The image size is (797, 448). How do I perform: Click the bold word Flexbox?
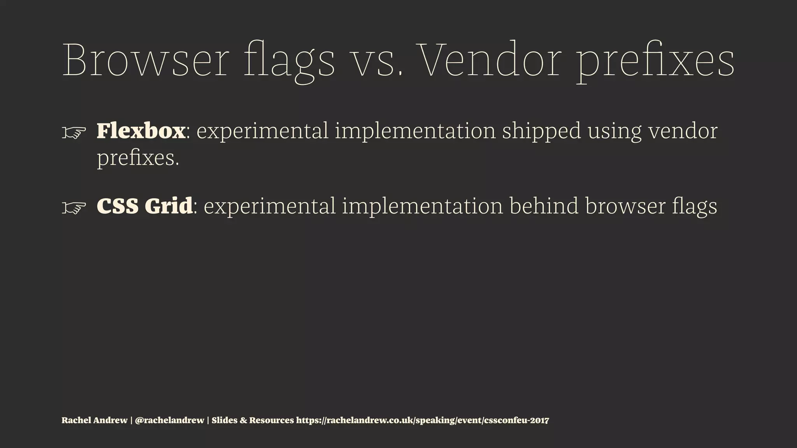141,131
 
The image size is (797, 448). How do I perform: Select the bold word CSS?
118,206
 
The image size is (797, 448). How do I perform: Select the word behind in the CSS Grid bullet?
544,206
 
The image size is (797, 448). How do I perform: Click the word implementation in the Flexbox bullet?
415,131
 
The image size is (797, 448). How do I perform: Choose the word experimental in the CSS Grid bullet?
269,206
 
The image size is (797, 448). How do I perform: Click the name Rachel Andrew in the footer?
95,420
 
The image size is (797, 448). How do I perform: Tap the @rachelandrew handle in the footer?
169,420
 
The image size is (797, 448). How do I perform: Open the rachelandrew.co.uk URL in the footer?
423,420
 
